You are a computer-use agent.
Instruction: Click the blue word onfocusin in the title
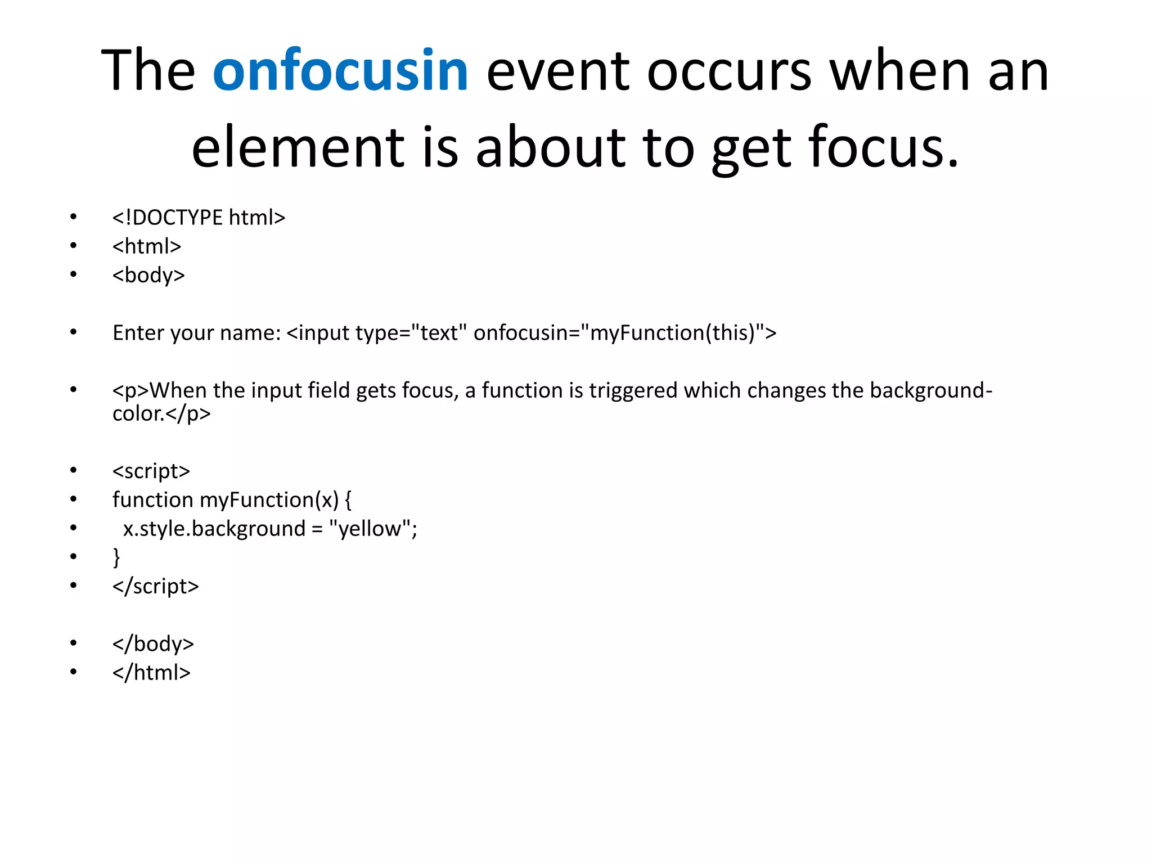pos(340,71)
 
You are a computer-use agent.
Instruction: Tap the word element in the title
pos(298,147)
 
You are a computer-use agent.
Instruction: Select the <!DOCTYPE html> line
pos(199,218)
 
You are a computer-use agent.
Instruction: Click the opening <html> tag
pos(146,246)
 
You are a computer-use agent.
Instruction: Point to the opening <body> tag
pos(148,275)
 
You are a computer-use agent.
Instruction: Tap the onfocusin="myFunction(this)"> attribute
pos(624,333)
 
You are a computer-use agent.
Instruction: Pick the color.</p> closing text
pos(161,414)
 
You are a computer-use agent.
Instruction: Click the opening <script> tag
pos(151,471)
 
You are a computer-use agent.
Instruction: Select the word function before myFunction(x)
pos(153,499)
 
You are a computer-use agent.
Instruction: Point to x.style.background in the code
pos(214,529)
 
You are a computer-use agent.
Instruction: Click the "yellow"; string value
pos(373,529)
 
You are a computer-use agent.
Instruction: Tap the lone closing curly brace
pos(116,557)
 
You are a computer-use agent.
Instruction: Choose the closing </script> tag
pos(156,586)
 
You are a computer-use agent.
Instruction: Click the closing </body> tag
pos(153,643)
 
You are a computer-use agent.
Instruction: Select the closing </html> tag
pos(151,672)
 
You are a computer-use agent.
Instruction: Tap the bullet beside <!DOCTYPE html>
pos(73,217)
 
